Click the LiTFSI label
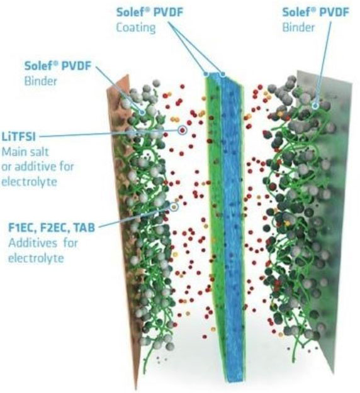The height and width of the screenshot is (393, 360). pos(18,137)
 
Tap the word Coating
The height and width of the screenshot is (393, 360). pos(136,28)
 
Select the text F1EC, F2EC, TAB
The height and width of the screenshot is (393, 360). pos(52,228)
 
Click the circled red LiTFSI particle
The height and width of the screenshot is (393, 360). pos(183,130)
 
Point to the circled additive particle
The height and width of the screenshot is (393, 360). pos(174,207)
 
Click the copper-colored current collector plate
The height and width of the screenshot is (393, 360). pos(125,226)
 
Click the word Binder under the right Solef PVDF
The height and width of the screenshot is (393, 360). pos(298,27)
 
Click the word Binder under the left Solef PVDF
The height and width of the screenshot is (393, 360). pos(41,81)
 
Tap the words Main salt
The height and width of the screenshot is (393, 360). pos(25,152)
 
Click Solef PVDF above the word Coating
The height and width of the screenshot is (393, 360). pos(150,12)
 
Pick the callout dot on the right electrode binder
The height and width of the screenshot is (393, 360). pos(315,106)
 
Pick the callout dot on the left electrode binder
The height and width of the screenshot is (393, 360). pos(142,112)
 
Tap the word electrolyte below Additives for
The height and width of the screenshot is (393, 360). pos(36,258)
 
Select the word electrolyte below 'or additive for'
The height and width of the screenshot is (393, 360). pos(30,182)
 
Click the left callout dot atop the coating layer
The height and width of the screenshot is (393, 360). pos(206,74)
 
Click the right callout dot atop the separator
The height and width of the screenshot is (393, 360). pos(222,74)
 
